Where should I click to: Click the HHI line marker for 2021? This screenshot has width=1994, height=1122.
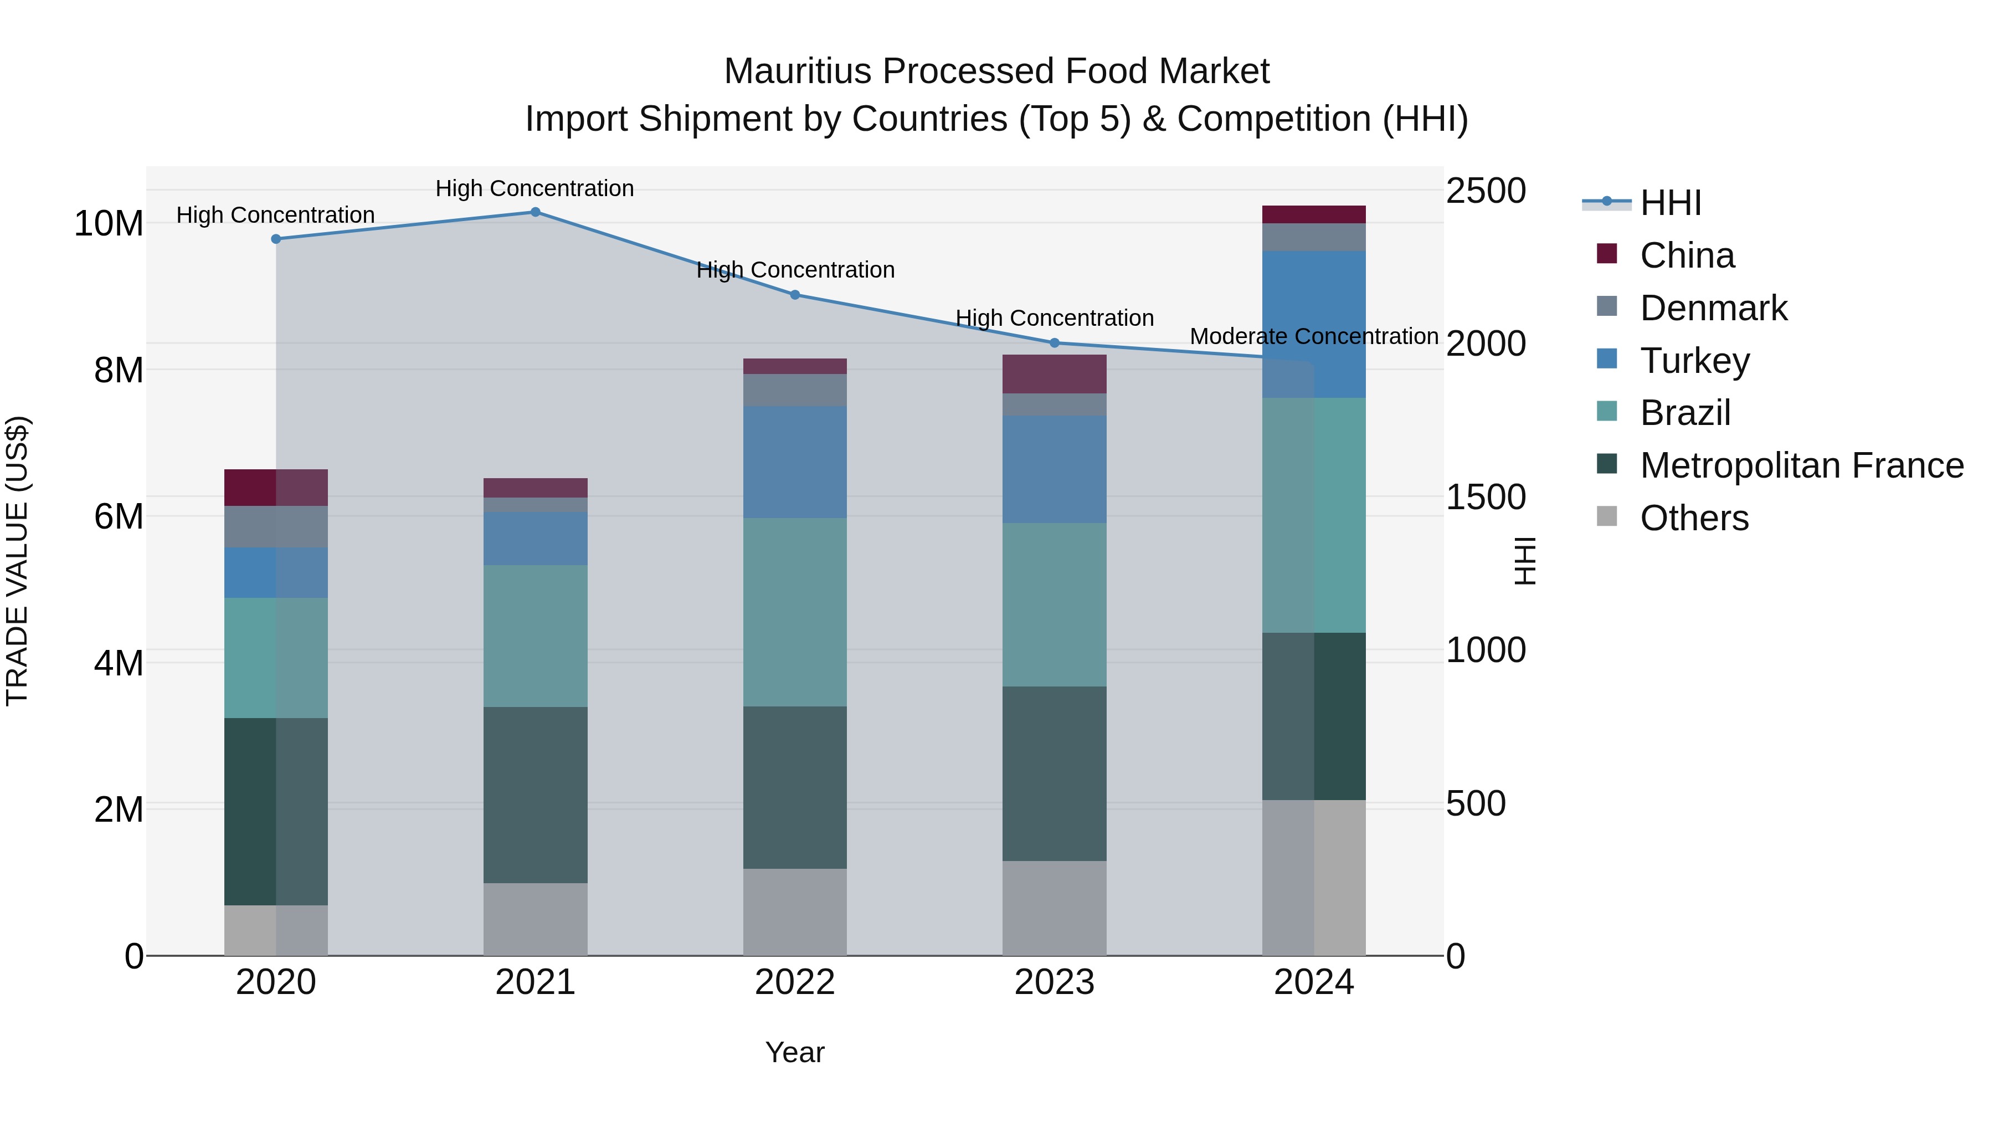(x=535, y=212)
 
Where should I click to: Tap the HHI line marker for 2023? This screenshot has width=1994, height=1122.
(x=1054, y=343)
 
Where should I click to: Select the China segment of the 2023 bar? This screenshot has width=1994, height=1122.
(x=1054, y=374)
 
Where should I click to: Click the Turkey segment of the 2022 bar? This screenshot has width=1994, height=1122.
(x=795, y=462)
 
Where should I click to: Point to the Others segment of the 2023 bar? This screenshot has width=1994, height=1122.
(x=1054, y=908)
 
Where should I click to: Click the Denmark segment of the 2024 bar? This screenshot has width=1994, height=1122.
(x=1314, y=237)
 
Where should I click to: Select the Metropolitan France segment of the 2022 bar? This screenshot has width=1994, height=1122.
(x=795, y=787)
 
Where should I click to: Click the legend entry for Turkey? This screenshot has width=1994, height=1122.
(x=1694, y=361)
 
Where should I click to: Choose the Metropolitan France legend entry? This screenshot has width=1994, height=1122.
(x=1801, y=465)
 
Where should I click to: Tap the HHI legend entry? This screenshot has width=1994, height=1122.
(x=1669, y=203)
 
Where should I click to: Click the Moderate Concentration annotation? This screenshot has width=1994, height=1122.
(x=1314, y=337)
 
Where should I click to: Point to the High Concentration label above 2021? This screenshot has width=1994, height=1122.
(x=535, y=188)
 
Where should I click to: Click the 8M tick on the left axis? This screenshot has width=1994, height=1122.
(x=119, y=370)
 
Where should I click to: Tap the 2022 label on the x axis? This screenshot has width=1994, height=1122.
(x=795, y=982)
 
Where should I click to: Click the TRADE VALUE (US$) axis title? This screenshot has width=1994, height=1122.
(x=17, y=561)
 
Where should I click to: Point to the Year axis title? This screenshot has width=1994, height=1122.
(x=795, y=1052)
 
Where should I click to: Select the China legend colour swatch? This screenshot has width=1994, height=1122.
(x=1607, y=254)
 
